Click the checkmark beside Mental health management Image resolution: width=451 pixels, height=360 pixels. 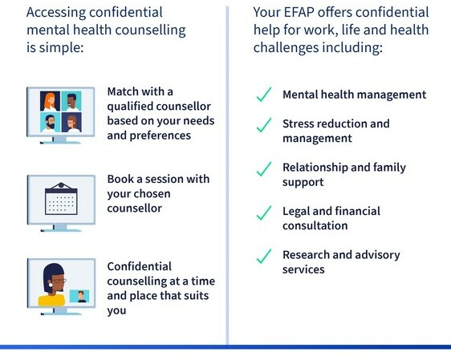tap(264, 95)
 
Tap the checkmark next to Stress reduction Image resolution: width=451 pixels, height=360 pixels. tap(264, 125)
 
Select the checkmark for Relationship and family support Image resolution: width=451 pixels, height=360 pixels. tap(264, 168)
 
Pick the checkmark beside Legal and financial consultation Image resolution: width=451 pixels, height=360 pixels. tap(264, 212)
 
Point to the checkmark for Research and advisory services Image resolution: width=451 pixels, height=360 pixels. tap(264, 257)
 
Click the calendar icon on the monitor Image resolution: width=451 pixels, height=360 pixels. tap(61, 199)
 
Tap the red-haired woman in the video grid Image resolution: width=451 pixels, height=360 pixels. tap(50, 101)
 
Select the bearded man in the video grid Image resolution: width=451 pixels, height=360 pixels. tap(50, 123)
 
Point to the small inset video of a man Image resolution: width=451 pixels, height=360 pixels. tap(79, 296)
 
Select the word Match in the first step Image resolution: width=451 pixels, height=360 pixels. tap(123, 91)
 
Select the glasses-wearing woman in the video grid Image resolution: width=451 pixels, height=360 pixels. tap(71, 123)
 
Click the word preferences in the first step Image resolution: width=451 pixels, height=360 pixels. tap(160, 136)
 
